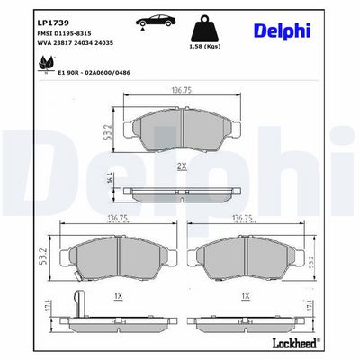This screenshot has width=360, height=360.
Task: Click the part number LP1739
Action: pos(53,22)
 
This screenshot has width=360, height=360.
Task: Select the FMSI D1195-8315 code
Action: pos(64,33)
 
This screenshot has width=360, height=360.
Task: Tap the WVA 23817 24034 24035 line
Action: pos(75,43)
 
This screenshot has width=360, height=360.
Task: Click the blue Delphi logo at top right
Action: pos(283,31)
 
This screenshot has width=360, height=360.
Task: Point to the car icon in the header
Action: pos(156,21)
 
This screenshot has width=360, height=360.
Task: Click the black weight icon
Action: pos(205,29)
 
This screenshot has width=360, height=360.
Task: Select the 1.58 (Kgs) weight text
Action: pos(205,47)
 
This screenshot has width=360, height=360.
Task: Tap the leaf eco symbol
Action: pos(46,64)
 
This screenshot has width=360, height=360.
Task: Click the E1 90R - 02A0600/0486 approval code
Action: pos(94,73)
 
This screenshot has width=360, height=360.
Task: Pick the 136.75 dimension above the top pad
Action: pos(182,90)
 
